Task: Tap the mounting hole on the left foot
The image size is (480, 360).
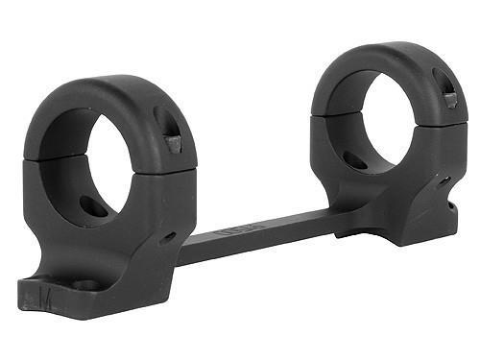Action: point(84,285)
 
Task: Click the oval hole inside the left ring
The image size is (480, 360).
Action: point(94,205)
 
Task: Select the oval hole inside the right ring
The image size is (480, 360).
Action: point(357,158)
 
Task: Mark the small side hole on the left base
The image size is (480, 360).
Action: point(168,235)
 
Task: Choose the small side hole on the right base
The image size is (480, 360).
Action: point(444,180)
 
